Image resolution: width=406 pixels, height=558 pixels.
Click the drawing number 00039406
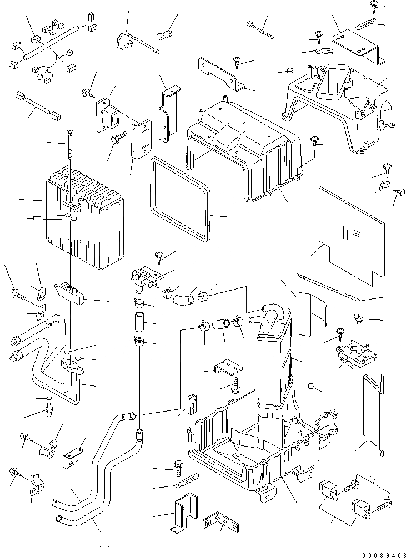[376, 551]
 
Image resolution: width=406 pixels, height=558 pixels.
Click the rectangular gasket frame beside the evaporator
[181, 200]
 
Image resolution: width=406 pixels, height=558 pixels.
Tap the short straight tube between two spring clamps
[138, 322]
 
